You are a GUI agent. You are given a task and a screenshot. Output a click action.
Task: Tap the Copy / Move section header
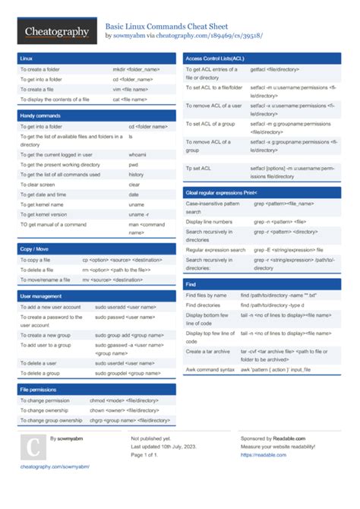(36, 248)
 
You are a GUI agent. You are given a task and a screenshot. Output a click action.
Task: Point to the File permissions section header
(39, 388)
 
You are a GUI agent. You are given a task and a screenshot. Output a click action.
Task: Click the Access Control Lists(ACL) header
(215, 58)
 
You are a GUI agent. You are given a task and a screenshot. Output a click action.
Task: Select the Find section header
(191, 283)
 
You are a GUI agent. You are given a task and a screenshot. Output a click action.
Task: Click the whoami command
(137, 154)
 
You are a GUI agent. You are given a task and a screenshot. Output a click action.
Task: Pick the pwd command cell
(133, 164)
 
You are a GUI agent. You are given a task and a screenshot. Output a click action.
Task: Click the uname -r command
(138, 213)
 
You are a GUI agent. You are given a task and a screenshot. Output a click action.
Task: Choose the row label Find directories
(203, 304)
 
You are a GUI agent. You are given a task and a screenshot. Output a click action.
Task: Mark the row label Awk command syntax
(210, 369)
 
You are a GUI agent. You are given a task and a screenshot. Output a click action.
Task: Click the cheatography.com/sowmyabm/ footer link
(55, 466)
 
